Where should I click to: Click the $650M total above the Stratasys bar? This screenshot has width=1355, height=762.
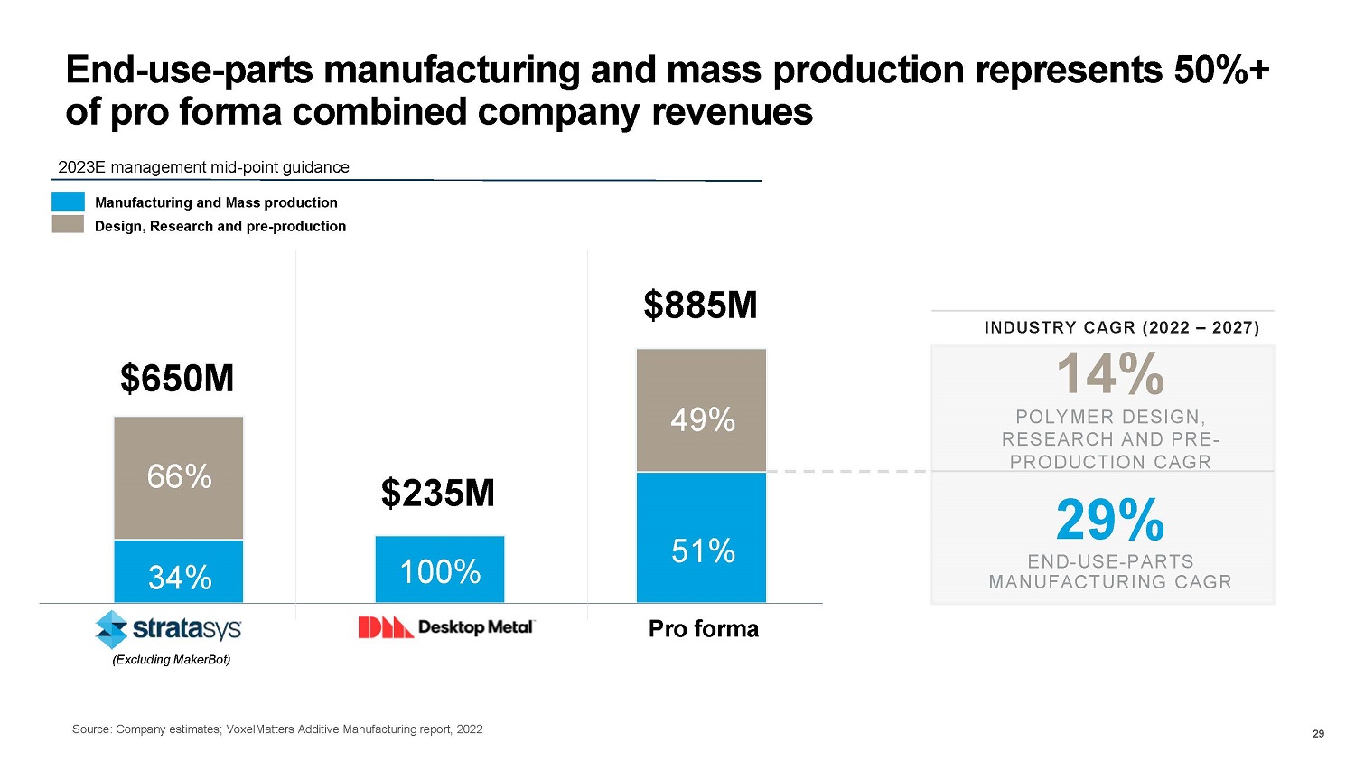pos(177,379)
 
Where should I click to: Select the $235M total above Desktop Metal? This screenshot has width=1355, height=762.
pos(438,494)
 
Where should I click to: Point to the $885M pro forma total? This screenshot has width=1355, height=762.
pos(700,306)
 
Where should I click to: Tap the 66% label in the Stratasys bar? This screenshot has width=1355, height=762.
pos(179,476)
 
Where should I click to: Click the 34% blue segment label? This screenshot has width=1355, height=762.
pos(179,577)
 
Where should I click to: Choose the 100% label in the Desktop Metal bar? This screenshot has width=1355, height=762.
pos(440,571)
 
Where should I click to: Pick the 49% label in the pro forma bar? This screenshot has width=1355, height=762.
pos(702,419)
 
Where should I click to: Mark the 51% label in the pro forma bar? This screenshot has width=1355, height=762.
pos(703,550)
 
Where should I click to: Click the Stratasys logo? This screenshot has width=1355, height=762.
pos(169,628)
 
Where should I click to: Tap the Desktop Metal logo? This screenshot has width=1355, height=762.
pos(447,626)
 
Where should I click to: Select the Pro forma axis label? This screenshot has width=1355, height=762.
pos(704,629)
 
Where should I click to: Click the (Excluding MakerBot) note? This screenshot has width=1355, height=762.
pos(171,660)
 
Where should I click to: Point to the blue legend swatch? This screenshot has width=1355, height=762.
pos(68,202)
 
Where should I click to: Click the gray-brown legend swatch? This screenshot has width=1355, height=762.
pos(68,225)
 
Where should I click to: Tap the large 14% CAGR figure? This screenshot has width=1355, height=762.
pos(1110,374)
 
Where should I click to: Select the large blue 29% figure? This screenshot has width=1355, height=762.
pos(1110,520)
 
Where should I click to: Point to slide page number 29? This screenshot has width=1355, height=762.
pos(1318,734)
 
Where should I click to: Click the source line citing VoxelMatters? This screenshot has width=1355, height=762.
pos(277,729)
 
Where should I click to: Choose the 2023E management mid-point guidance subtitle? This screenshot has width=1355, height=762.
pos(203,167)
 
